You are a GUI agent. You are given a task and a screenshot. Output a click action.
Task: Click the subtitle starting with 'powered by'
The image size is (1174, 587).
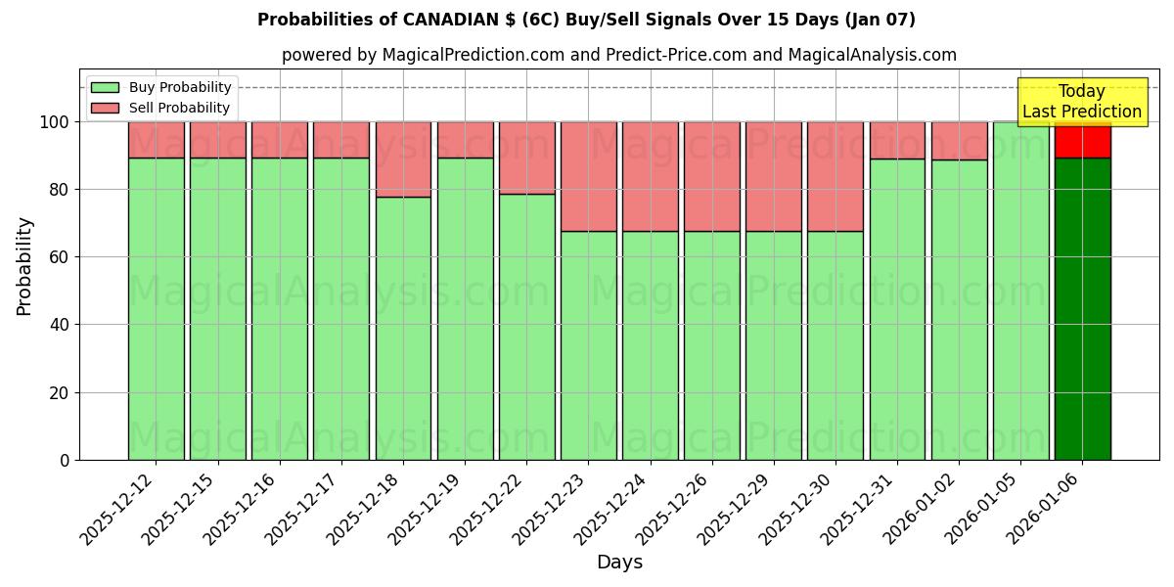[618, 55]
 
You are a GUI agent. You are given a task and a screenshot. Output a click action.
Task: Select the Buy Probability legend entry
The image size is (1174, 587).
[161, 87]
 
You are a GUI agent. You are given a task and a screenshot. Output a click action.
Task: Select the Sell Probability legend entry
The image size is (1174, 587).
[161, 108]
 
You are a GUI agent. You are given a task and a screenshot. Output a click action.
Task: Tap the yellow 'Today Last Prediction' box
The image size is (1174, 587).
[1081, 102]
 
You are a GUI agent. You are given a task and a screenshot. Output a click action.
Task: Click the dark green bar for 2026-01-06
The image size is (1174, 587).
[1082, 308]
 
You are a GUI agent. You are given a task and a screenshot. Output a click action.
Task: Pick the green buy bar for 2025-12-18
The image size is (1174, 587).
[403, 328]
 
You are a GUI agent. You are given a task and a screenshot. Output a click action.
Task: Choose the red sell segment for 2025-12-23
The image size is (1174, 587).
[588, 176]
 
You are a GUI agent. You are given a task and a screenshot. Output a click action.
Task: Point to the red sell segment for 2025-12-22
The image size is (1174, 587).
[526, 158]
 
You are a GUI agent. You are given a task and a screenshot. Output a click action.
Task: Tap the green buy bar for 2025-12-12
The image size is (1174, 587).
[156, 308]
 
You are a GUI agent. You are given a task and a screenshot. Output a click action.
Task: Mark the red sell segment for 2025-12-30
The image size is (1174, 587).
[835, 176]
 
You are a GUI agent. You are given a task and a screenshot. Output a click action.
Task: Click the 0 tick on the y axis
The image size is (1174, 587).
[66, 460]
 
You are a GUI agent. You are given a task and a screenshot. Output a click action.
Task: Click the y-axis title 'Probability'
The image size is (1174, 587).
[24, 265]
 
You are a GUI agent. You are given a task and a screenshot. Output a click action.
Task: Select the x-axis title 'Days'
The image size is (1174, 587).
[619, 563]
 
